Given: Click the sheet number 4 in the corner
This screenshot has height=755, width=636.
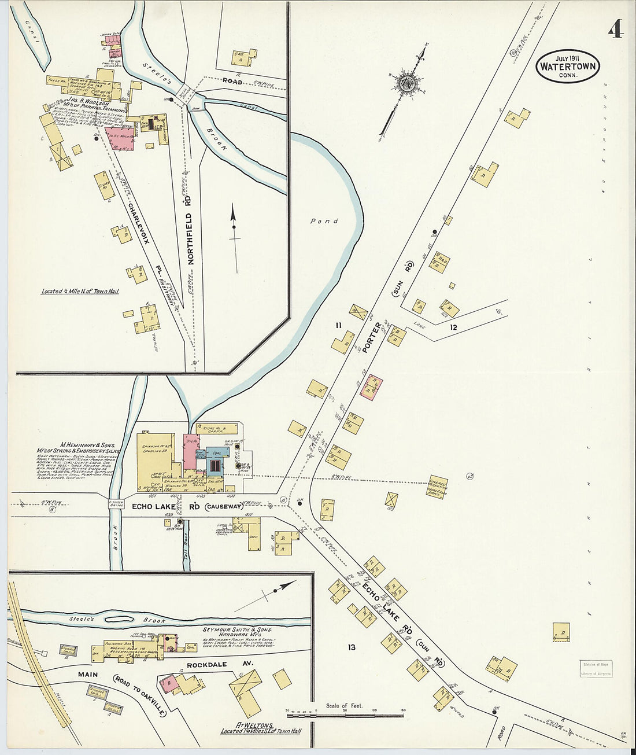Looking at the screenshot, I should click(615, 28).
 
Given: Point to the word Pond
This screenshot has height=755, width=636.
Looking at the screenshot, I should click(324, 221).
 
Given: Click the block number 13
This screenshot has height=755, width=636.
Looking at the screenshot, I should click(352, 647).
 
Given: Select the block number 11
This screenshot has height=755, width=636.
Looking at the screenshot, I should click(338, 326).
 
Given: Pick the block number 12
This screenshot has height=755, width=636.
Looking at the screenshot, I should click(454, 327).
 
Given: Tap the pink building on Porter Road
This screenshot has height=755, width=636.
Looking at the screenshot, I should click(371, 387).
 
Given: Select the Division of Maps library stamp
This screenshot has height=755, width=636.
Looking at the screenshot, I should click(596, 668).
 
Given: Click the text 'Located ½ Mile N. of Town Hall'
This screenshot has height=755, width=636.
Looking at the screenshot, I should click(80, 291).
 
